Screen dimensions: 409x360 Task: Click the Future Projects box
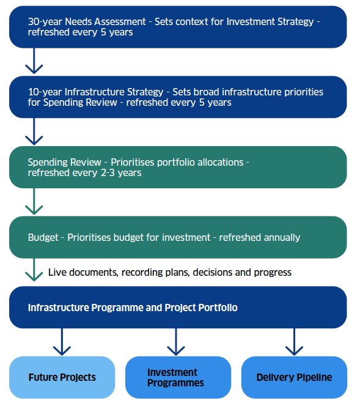click(x=62, y=377)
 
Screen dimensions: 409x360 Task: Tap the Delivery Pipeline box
click(x=294, y=377)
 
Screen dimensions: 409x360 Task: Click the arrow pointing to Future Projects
click(x=62, y=342)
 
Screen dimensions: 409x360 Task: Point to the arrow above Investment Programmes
click(x=176, y=342)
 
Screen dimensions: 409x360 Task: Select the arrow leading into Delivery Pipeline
click(x=294, y=342)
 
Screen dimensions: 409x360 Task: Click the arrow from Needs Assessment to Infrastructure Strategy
click(x=34, y=61)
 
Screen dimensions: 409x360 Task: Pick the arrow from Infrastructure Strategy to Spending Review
click(x=34, y=131)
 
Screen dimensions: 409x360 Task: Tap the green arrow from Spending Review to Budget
click(x=34, y=201)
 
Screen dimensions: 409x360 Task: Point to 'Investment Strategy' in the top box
click(x=270, y=21)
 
